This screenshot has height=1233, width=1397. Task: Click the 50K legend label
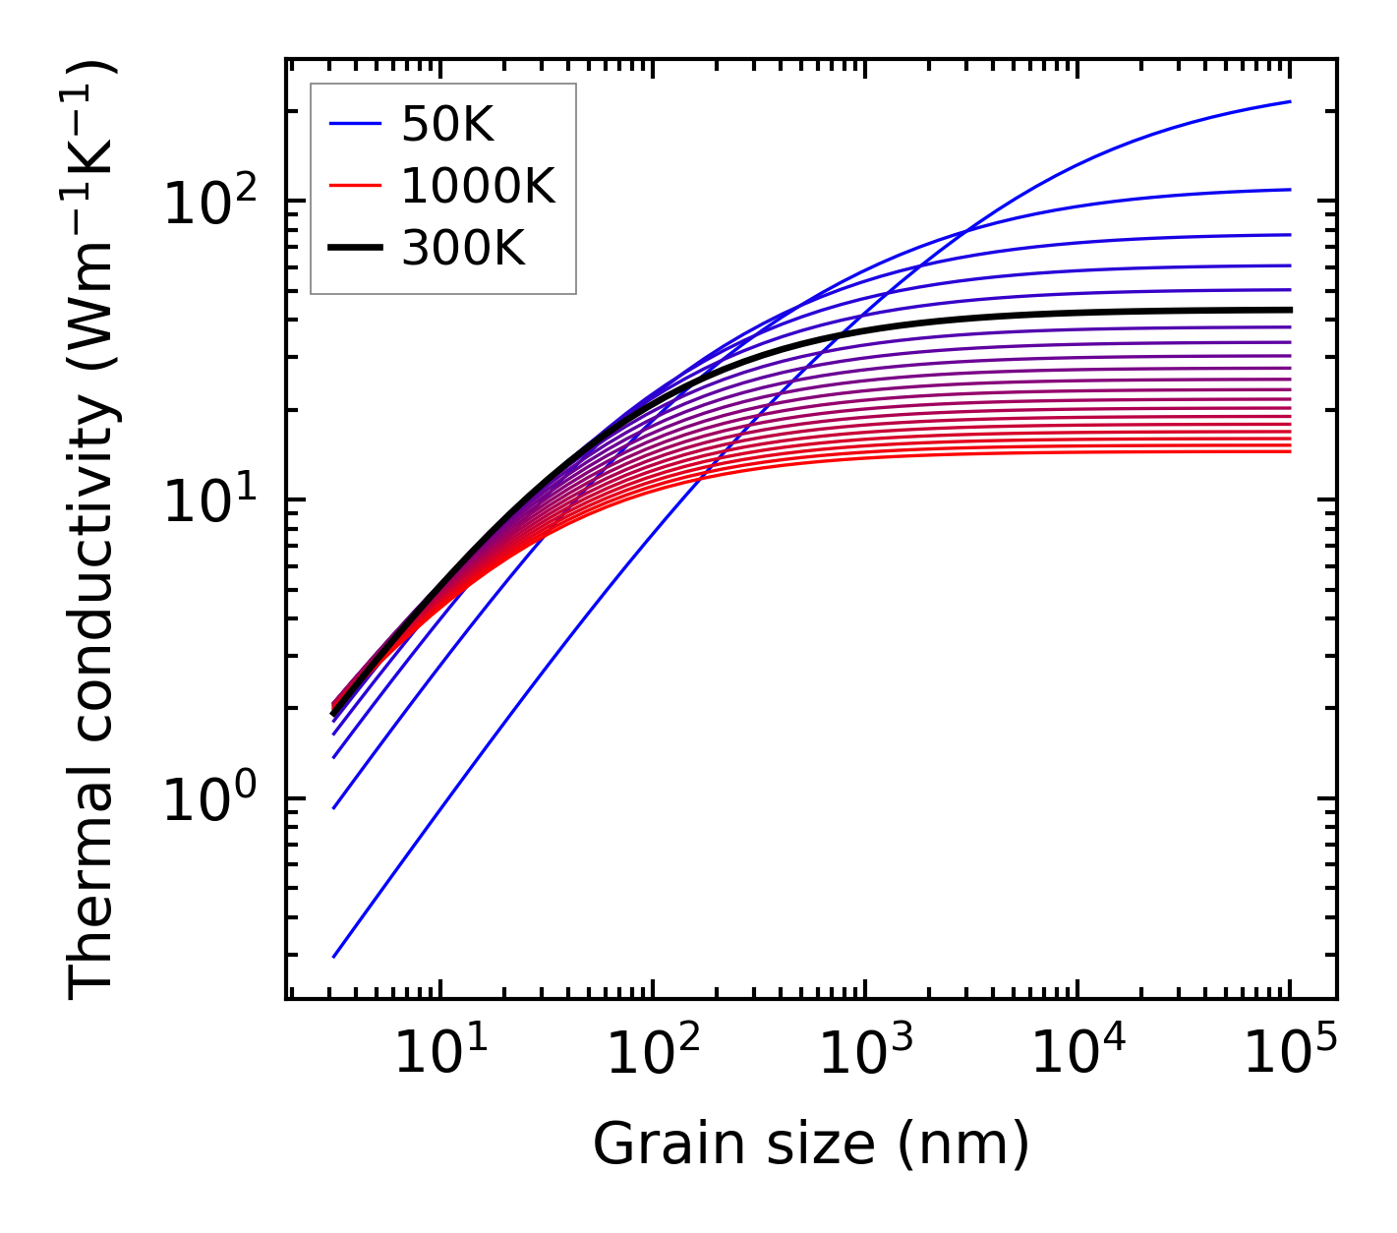click(x=447, y=124)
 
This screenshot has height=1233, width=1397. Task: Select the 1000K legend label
click(x=478, y=186)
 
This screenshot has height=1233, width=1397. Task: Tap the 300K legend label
click(x=463, y=249)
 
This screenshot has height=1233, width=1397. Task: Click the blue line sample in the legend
click(x=354, y=124)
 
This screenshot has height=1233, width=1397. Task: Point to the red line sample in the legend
click(x=354, y=186)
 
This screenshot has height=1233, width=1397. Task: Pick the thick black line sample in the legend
click(x=354, y=249)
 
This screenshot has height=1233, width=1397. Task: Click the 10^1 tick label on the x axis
click(x=439, y=1055)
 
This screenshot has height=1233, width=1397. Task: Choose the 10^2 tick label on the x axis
click(x=652, y=1055)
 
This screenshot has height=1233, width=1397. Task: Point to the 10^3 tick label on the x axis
click(x=864, y=1055)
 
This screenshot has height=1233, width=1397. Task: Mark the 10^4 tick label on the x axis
click(x=1077, y=1055)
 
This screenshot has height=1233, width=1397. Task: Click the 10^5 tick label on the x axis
click(x=1289, y=1055)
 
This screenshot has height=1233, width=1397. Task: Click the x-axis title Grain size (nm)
click(x=811, y=1145)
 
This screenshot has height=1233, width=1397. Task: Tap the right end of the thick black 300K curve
click(x=1290, y=310)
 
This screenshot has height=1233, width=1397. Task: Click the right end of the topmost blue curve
click(x=1290, y=101)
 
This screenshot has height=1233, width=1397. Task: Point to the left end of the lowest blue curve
click(x=334, y=957)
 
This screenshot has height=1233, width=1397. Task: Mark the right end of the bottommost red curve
click(x=1290, y=451)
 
